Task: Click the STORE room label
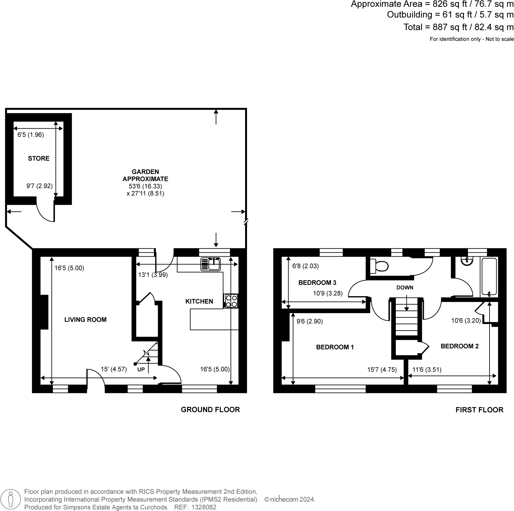tap(39, 158)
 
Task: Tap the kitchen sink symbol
tap(211, 264)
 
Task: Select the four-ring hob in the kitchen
tap(231, 301)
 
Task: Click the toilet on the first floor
tap(379, 266)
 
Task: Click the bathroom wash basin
tap(466, 261)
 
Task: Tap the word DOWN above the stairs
tap(405, 287)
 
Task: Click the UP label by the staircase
tap(141, 370)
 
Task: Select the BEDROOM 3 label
tap(317, 283)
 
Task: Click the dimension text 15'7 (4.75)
tap(382, 370)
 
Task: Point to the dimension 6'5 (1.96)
tap(31, 135)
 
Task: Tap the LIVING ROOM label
tap(85, 320)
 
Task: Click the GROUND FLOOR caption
tap(210, 410)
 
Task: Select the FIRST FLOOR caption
tap(479, 410)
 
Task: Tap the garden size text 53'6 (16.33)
tap(145, 186)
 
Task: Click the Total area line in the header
tap(458, 27)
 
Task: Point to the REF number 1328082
tap(204, 507)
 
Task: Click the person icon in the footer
tap(11, 499)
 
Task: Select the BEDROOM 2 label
tap(459, 346)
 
